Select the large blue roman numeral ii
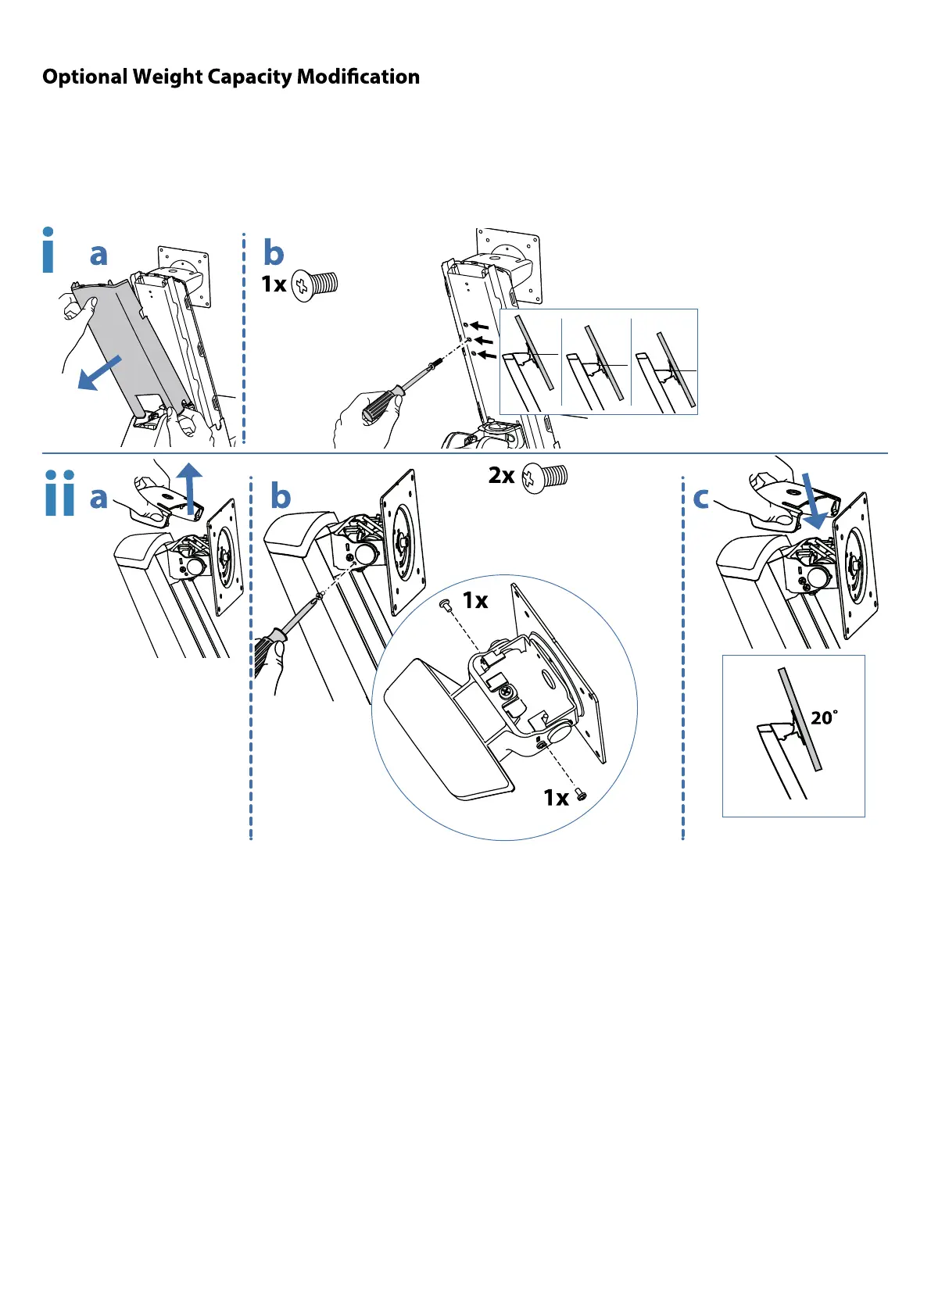(59, 493)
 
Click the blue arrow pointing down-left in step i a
(99, 373)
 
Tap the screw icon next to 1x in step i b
(314, 284)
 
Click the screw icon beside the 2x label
(545, 477)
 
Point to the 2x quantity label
(501, 475)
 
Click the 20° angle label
(824, 717)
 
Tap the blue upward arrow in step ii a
(189, 488)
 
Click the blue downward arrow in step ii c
(812, 501)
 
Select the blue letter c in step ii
(701, 498)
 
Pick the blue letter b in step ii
(281, 496)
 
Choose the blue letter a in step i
(98, 254)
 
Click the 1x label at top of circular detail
(474, 600)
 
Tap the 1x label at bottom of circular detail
(556, 797)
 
